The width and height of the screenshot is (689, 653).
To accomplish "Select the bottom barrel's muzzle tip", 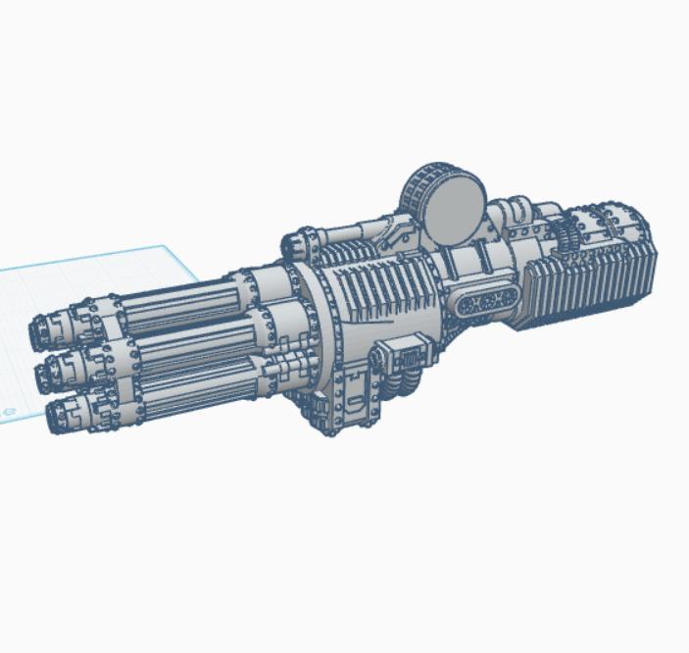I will click(x=56, y=409).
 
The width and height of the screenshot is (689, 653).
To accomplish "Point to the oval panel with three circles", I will click(x=485, y=303).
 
